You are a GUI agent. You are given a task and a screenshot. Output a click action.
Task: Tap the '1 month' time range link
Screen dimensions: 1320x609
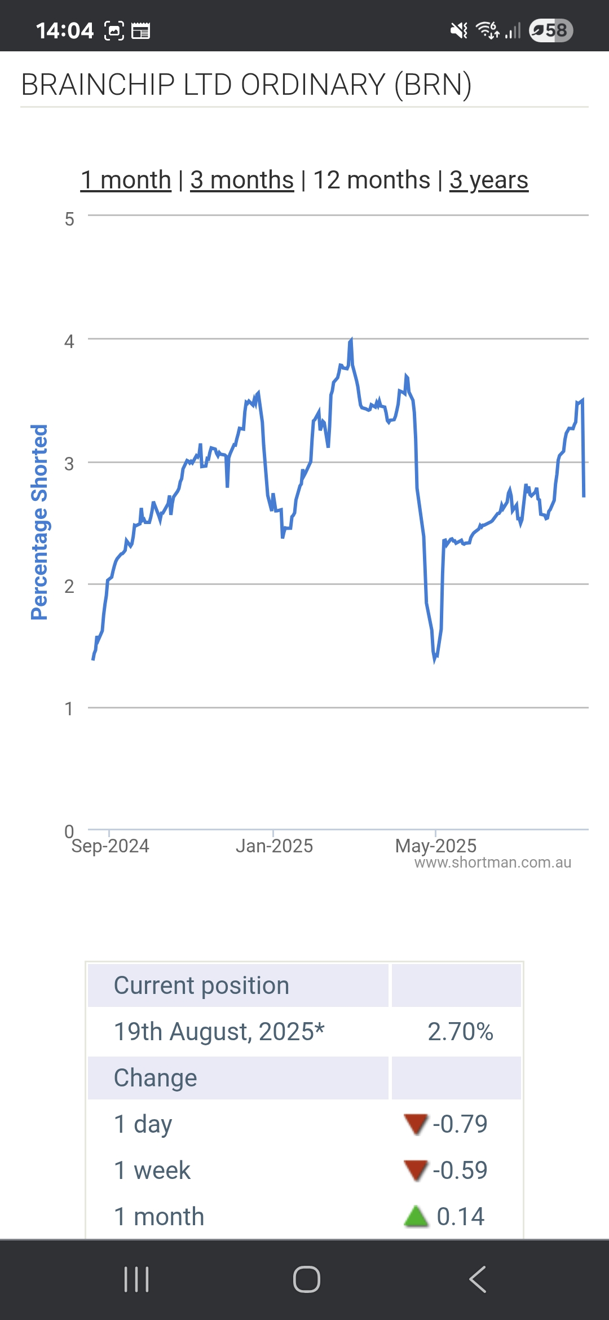point(126,181)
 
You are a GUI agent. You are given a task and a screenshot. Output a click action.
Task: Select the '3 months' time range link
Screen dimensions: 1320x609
point(242,181)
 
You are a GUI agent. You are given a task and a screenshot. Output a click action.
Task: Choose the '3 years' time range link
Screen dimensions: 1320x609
point(489,181)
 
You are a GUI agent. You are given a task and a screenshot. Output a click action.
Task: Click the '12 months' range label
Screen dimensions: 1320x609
point(372,181)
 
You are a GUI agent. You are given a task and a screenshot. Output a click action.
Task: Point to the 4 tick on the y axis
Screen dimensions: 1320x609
point(69,341)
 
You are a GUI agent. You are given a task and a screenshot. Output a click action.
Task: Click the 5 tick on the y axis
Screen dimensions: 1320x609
point(69,219)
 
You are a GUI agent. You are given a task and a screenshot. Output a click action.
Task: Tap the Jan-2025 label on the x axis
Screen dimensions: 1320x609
point(274,846)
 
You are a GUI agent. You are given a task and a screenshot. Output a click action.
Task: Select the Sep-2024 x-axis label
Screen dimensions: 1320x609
point(110,846)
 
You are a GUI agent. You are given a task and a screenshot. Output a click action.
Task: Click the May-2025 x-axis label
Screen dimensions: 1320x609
point(436,846)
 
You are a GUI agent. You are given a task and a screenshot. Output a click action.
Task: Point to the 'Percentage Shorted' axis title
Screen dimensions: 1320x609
point(39,522)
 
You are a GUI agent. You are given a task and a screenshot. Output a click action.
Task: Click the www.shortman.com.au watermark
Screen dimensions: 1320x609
point(493,863)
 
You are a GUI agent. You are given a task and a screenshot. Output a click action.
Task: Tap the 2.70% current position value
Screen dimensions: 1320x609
point(460,1032)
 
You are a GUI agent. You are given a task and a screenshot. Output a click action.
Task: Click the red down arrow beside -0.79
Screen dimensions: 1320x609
point(416,1124)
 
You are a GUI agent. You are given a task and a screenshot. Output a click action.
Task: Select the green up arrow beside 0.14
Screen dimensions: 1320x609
point(416,1217)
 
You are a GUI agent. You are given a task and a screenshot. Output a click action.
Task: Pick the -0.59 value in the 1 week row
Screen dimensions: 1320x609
point(460,1171)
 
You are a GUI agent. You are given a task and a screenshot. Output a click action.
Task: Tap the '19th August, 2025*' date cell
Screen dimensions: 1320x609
point(219,1032)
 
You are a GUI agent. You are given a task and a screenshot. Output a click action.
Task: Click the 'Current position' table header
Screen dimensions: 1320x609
point(201,985)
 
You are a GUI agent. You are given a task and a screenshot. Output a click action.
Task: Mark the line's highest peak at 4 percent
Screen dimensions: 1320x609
point(351,340)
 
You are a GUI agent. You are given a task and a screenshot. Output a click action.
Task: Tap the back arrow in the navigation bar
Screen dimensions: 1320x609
point(478,1279)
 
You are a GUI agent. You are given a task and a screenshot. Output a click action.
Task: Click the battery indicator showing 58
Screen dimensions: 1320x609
point(551,30)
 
